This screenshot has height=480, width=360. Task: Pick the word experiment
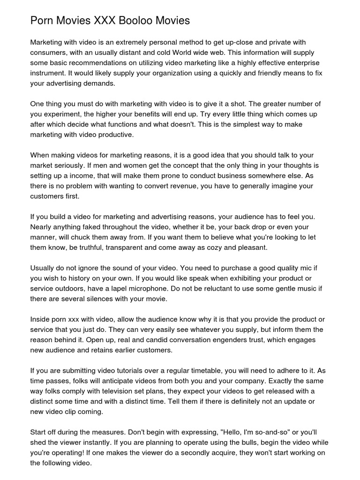click(66, 114)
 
